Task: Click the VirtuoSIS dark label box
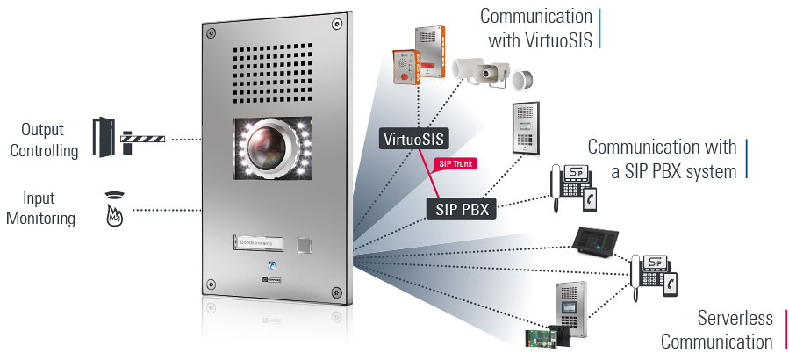(x=416, y=139)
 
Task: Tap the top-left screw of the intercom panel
(x=211, y=33)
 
